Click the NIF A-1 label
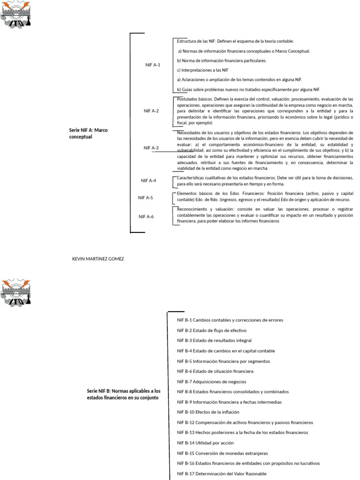point(152,65)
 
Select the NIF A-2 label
point(151,111)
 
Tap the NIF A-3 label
point(151,148)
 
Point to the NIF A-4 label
point(149,180)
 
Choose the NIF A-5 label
point(145,198)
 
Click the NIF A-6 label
point(146,217)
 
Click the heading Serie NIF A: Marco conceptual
point(88,133)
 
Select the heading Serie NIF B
point(123,394)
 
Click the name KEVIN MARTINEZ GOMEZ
point(98,259)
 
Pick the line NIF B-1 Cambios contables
point(230,320)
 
